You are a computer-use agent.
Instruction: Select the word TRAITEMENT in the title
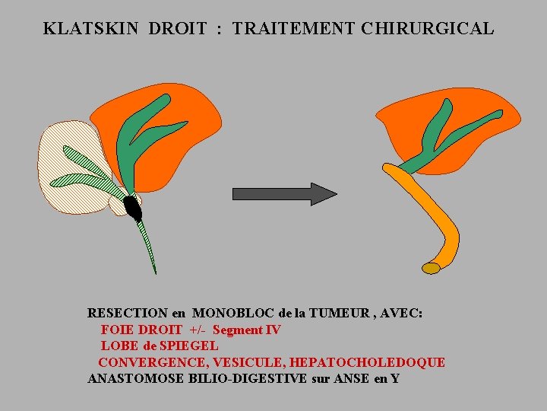coord(293,29)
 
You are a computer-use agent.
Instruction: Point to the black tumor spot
coord(133,207)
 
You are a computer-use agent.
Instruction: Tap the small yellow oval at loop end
coord(431,268)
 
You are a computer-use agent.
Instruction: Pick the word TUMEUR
coord(328,313)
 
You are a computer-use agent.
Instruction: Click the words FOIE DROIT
coord(141,330)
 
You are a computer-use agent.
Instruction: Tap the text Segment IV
coord(246,330)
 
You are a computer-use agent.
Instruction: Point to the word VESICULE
coord(248,362)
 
